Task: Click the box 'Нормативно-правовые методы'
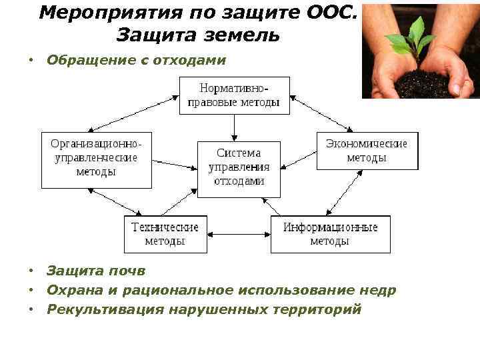point(235,95)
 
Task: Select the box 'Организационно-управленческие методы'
point(97,159)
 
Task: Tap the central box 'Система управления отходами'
point(239,169)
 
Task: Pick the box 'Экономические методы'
point(367,151)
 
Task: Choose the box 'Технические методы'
point(165,234)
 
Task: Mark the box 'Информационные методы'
point(330,234)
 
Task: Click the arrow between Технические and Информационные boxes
point(239,234)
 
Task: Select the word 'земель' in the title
point(243,35)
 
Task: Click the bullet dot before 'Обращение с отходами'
point(31,61)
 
